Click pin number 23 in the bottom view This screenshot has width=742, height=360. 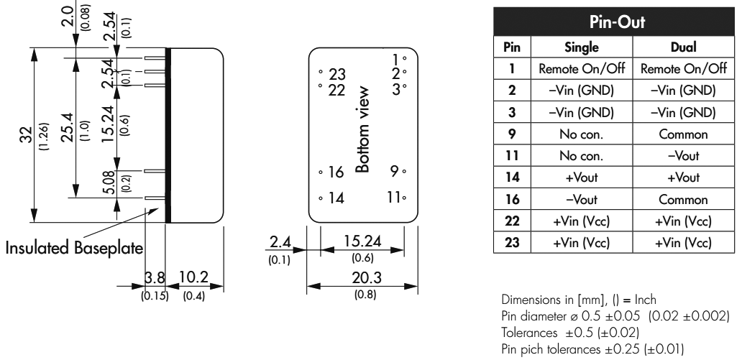(337, 73)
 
